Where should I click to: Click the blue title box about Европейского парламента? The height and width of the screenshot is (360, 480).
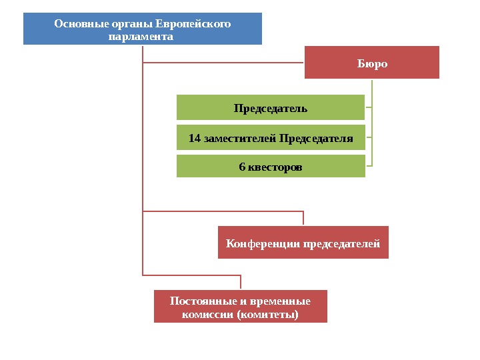[x=143, y=29]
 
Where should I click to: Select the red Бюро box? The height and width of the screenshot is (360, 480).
[x=372, y=63]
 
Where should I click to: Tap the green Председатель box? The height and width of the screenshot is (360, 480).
[x=271, y=107]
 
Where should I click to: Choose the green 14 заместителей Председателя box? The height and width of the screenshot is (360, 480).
[x=271, y=138]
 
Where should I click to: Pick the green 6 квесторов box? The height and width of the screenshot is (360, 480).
[x=271, y=167]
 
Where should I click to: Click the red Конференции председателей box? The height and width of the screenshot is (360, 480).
[x=303, y=243]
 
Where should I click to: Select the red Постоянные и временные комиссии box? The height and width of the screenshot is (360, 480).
[x=241, y=307]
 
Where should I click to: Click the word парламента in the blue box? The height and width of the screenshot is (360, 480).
[x=140, y=36]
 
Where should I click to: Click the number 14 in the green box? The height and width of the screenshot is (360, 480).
[x=195, y=138]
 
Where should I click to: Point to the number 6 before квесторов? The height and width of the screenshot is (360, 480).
[x=242, y=167]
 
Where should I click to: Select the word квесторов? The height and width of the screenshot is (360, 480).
[x=275, y=167]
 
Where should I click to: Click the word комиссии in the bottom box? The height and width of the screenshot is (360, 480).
[x=207, y=313]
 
